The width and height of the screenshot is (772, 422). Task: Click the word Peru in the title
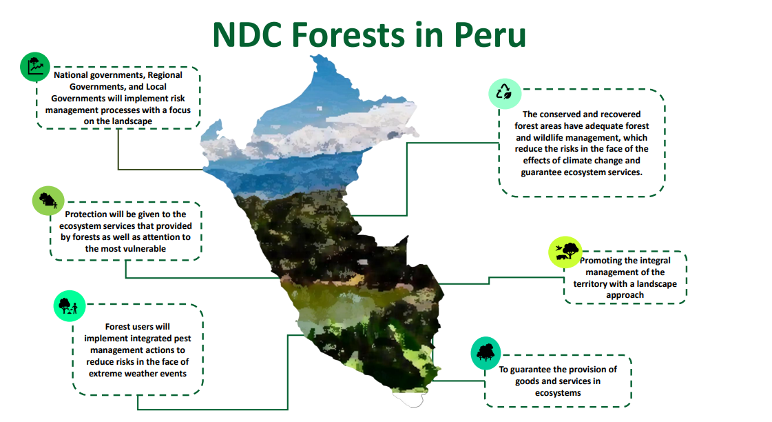pyautogui.click(x=490, y=34)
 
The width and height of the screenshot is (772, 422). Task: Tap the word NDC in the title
pyautogui.click(x=247, y=34)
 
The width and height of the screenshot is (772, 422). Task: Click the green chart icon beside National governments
pyautogui.click(x=35, y=67)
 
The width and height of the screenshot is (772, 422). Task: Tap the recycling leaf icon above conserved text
pyautogui.click(x=505, y=93)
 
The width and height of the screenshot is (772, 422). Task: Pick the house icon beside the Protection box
pyautogui.click(x=48, y=201)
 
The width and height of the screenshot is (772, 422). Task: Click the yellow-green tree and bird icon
pyautogui.click(x=565, y=252)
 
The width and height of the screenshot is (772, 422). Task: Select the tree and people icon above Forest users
pyautogui.click(x=70, y=306)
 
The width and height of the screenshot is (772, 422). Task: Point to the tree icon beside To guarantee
pyautogui.click(x=486, y=353)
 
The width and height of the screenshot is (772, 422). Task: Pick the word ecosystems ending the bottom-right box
pyautogui.click(x=558, y=393)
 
